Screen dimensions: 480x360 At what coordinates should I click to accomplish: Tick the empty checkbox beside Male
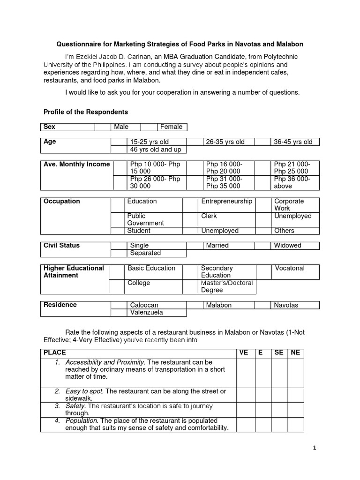(x=102, y=127)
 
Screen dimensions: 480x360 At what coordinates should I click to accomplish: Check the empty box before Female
(x=149, y=127)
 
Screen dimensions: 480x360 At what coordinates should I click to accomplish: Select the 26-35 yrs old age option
(x=225, y=142)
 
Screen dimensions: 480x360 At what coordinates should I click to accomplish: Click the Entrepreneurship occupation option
(x=226, y=201)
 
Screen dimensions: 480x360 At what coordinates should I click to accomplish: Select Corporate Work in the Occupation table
(x=289, y=204)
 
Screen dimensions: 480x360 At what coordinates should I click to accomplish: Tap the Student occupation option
(x=139, y=231)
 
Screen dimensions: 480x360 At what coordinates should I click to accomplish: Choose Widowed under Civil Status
(x=288, y=245)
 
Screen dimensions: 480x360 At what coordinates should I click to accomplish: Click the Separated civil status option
(x=145, y=253)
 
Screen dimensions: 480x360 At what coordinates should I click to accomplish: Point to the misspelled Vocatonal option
(x=290, y=268)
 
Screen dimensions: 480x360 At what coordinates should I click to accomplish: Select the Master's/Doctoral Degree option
(x=227, y=286)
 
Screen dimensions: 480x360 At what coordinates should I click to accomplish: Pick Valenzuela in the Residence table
(x=147, y=313)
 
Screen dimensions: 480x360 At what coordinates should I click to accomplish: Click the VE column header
(x=244, y=352)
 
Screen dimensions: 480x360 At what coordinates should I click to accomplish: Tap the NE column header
(x=295, y=352)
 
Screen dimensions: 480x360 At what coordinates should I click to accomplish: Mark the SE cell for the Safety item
(x=279, y=409)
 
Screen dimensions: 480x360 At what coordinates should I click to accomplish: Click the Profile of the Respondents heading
(x=85, y=112)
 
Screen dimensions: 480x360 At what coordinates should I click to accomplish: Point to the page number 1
(x=315, y=448)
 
